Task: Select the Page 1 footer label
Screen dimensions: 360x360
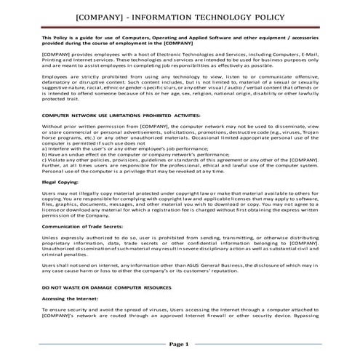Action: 179,344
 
